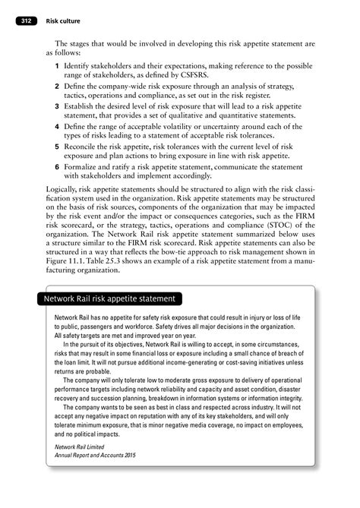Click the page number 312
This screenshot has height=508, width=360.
27,21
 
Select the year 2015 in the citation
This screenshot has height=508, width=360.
134,457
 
